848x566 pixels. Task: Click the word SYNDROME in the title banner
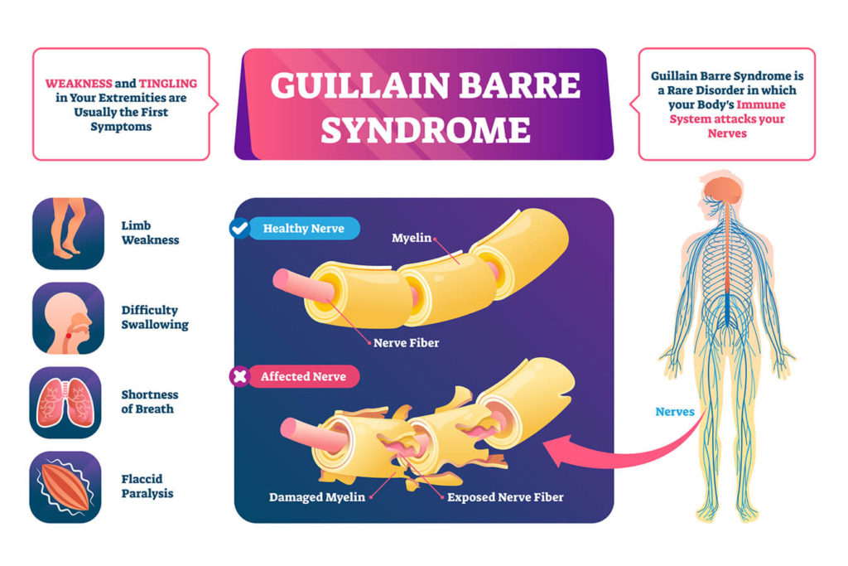tap(426, 130)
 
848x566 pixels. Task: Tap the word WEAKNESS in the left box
tap(79, 84)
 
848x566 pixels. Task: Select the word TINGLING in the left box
tap(167, 84)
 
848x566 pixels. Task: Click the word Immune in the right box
tap(761, 104)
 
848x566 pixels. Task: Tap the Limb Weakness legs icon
tap(68, 233)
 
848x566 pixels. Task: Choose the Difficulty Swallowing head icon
tap(68, 317)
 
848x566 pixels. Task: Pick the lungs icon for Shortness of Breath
tap(65, 403)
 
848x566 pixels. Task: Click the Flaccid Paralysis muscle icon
tap(65, 487)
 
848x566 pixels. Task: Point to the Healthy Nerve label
tap(303, 229)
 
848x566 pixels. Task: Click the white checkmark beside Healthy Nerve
tap(239, 229)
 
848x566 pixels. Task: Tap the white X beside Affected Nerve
tap(239, 376)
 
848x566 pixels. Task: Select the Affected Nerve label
tap(303, 376)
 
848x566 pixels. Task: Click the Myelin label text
tap(412, 238)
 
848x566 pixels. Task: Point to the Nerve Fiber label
tap(406, 342)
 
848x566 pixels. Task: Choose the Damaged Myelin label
tap(317, 496)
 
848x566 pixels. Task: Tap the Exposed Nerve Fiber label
tap(505, 496)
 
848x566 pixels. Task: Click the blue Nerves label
tap(674, 412)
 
